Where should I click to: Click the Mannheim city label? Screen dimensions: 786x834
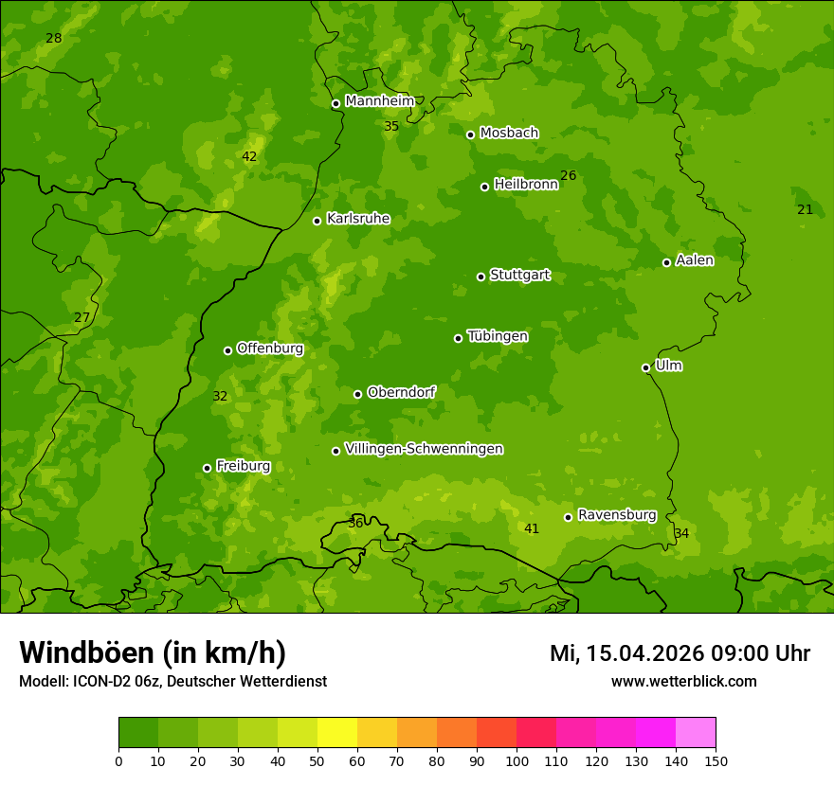[x=379, y=101]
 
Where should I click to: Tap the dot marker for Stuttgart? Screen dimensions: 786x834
[x=480, y=277]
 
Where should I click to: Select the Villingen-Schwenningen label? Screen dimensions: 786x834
[x=424, y=449]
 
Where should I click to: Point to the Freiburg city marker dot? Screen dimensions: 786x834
[x=207, y=468]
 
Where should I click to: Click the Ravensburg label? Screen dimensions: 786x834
[x=617, y=515]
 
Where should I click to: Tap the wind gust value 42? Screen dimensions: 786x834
[x=249, y=157]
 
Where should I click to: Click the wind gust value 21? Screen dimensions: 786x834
[x=805, y=209]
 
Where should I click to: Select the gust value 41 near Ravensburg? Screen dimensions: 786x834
[x=532, y=528]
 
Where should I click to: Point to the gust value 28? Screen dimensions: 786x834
[x=54, y=39]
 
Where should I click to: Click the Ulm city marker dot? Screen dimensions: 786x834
[x=645, y=367]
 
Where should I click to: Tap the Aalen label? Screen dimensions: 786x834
[x=695, y=260]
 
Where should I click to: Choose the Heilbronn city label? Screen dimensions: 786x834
[x=526, y=185]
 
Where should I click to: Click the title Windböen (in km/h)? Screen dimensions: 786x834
[x=153, y=652]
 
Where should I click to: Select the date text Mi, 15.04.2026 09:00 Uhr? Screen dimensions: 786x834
[x=680, y=653]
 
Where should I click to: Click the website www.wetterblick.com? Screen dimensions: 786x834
[x=683, y=681]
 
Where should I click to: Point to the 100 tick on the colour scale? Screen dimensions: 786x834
[x=517, y=760]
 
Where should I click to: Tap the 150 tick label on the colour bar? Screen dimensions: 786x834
[x=715, y=760]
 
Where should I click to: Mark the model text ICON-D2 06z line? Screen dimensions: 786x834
[x=172, y=681]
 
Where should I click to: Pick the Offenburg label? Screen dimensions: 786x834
[x=270, y=348]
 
